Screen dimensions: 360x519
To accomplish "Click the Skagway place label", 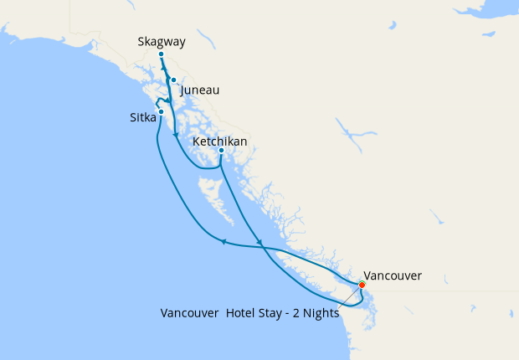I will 161,41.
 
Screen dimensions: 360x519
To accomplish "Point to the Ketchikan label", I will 219,141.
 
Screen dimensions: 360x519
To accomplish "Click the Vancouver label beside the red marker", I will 393,275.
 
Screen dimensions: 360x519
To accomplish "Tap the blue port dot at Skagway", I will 161,54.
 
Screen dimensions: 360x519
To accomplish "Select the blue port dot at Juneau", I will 173,80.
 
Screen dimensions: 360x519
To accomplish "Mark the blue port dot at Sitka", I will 161,111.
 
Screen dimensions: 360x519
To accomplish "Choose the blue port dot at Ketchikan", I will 221,151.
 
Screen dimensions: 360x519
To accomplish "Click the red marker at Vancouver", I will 362,285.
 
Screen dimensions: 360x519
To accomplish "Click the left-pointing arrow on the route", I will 224,243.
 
